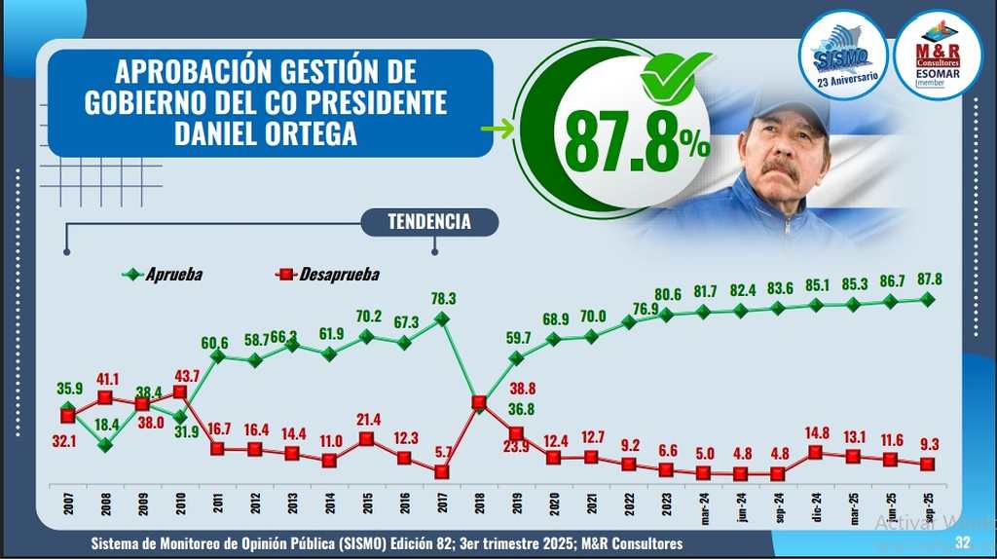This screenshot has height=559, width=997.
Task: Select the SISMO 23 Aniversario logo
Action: pyautogui.click(x=841, y=55)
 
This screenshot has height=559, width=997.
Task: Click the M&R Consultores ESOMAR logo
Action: pyautogui.click(x=937, y=55)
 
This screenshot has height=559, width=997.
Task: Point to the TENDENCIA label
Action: pyautogui.click(x=428, y=222)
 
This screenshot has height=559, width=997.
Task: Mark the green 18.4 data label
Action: pyautogui.click(x=106, y=426)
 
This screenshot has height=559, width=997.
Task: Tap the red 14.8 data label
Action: pyautogui.click(x=816, y=433)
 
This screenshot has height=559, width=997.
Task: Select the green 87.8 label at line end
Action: pyautogui.click(x=926, y=279)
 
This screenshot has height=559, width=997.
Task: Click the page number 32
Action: pyautogui.click(x=963, y=542)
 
